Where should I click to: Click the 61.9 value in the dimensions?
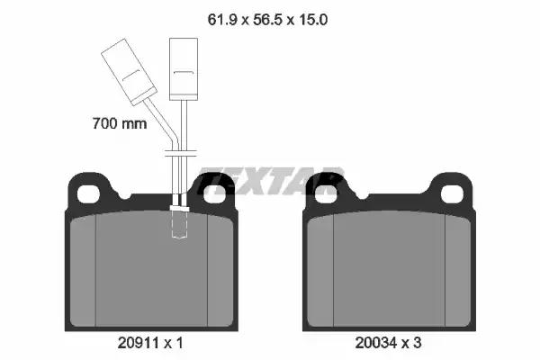tap(222, 20)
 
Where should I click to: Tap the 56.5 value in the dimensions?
tap(268, 20)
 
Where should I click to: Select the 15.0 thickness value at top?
tap(312, 20)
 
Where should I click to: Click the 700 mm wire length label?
tap(120, 123)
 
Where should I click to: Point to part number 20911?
tap(138, 343)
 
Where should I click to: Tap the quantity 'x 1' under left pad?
tap(173, 343)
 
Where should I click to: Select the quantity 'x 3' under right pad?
tap(411, 343)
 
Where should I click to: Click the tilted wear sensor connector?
tap(129, 72)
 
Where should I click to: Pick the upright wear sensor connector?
tap(184, 69)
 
